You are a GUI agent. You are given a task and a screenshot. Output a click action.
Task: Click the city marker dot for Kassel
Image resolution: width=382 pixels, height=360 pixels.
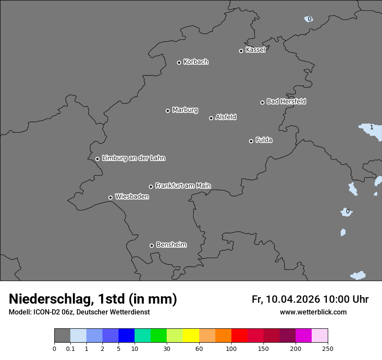(241, 51)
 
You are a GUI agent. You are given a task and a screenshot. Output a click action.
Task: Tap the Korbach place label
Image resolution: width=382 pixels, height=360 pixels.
(196, 62)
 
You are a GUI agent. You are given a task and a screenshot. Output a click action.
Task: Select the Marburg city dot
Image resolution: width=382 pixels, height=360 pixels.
(168, 111)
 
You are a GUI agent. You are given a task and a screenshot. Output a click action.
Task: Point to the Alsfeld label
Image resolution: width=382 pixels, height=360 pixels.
(226, 117)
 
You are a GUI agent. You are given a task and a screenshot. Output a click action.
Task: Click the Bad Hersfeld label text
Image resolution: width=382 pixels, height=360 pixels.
(286, 101)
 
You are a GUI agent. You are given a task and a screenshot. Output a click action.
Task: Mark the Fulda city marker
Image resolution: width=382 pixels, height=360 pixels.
(251, 141)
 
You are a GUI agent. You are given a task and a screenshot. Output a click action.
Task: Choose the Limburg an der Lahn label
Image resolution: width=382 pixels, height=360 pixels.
(133, 158)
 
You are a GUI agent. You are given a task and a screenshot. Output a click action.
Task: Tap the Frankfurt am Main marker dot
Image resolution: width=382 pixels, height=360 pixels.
(151, 187)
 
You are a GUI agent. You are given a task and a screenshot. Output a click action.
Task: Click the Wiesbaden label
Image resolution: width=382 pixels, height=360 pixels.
(132, 196)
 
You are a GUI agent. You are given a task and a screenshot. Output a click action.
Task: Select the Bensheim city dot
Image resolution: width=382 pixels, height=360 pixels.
(151, 245)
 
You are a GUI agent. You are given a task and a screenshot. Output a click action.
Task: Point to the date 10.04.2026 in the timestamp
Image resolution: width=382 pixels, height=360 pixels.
(293, 299)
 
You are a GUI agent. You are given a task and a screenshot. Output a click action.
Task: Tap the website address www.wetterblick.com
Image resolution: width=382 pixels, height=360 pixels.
(313, 312)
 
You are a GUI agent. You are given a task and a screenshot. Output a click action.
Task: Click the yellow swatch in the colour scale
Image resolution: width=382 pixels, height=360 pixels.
(191, 336)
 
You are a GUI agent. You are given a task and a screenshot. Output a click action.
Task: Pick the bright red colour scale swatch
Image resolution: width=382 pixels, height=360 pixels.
(239, 336)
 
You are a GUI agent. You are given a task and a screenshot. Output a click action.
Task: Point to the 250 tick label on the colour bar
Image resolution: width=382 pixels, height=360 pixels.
(328, 348)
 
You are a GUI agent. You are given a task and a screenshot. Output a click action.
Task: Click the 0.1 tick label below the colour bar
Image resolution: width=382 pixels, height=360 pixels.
(70, 348)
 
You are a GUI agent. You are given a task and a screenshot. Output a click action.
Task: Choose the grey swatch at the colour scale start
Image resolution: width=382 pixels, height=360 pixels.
(62, 336)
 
